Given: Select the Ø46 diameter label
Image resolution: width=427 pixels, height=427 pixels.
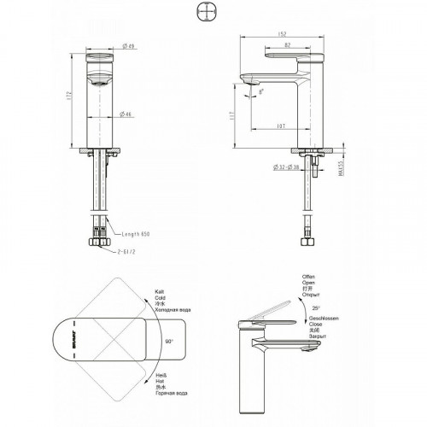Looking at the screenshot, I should (126, 114).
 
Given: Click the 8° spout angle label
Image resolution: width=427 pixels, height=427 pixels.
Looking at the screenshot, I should (261, 89).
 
